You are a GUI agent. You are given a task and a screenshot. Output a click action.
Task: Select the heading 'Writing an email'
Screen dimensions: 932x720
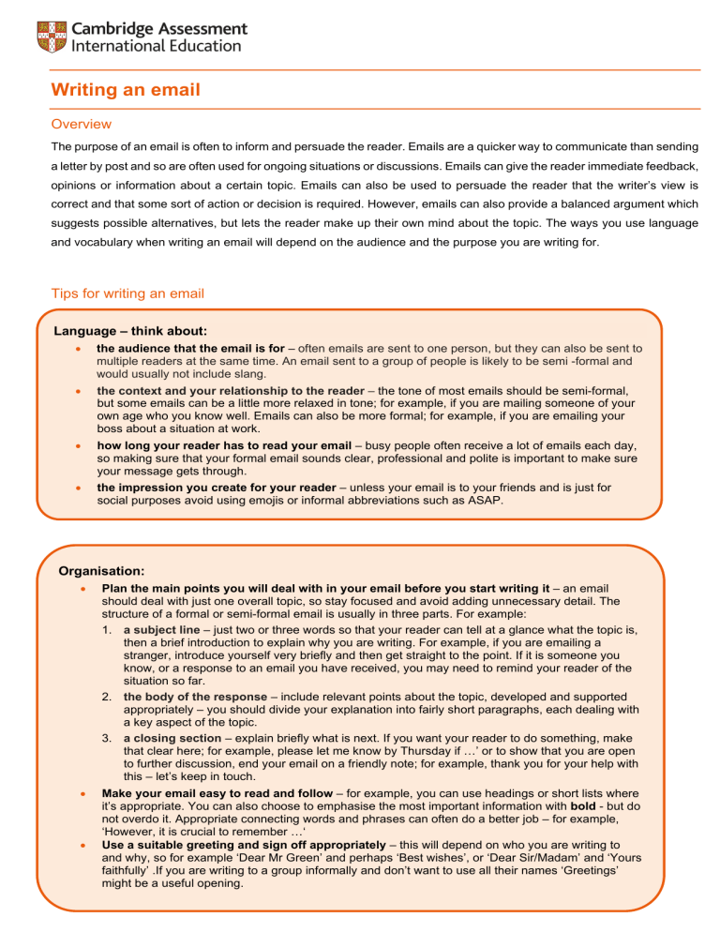coord(126,90)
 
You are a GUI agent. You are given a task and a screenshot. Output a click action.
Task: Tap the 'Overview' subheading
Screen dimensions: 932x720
coord(81,124)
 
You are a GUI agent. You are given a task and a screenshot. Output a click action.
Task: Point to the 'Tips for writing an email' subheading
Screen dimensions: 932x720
coord(127,293)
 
